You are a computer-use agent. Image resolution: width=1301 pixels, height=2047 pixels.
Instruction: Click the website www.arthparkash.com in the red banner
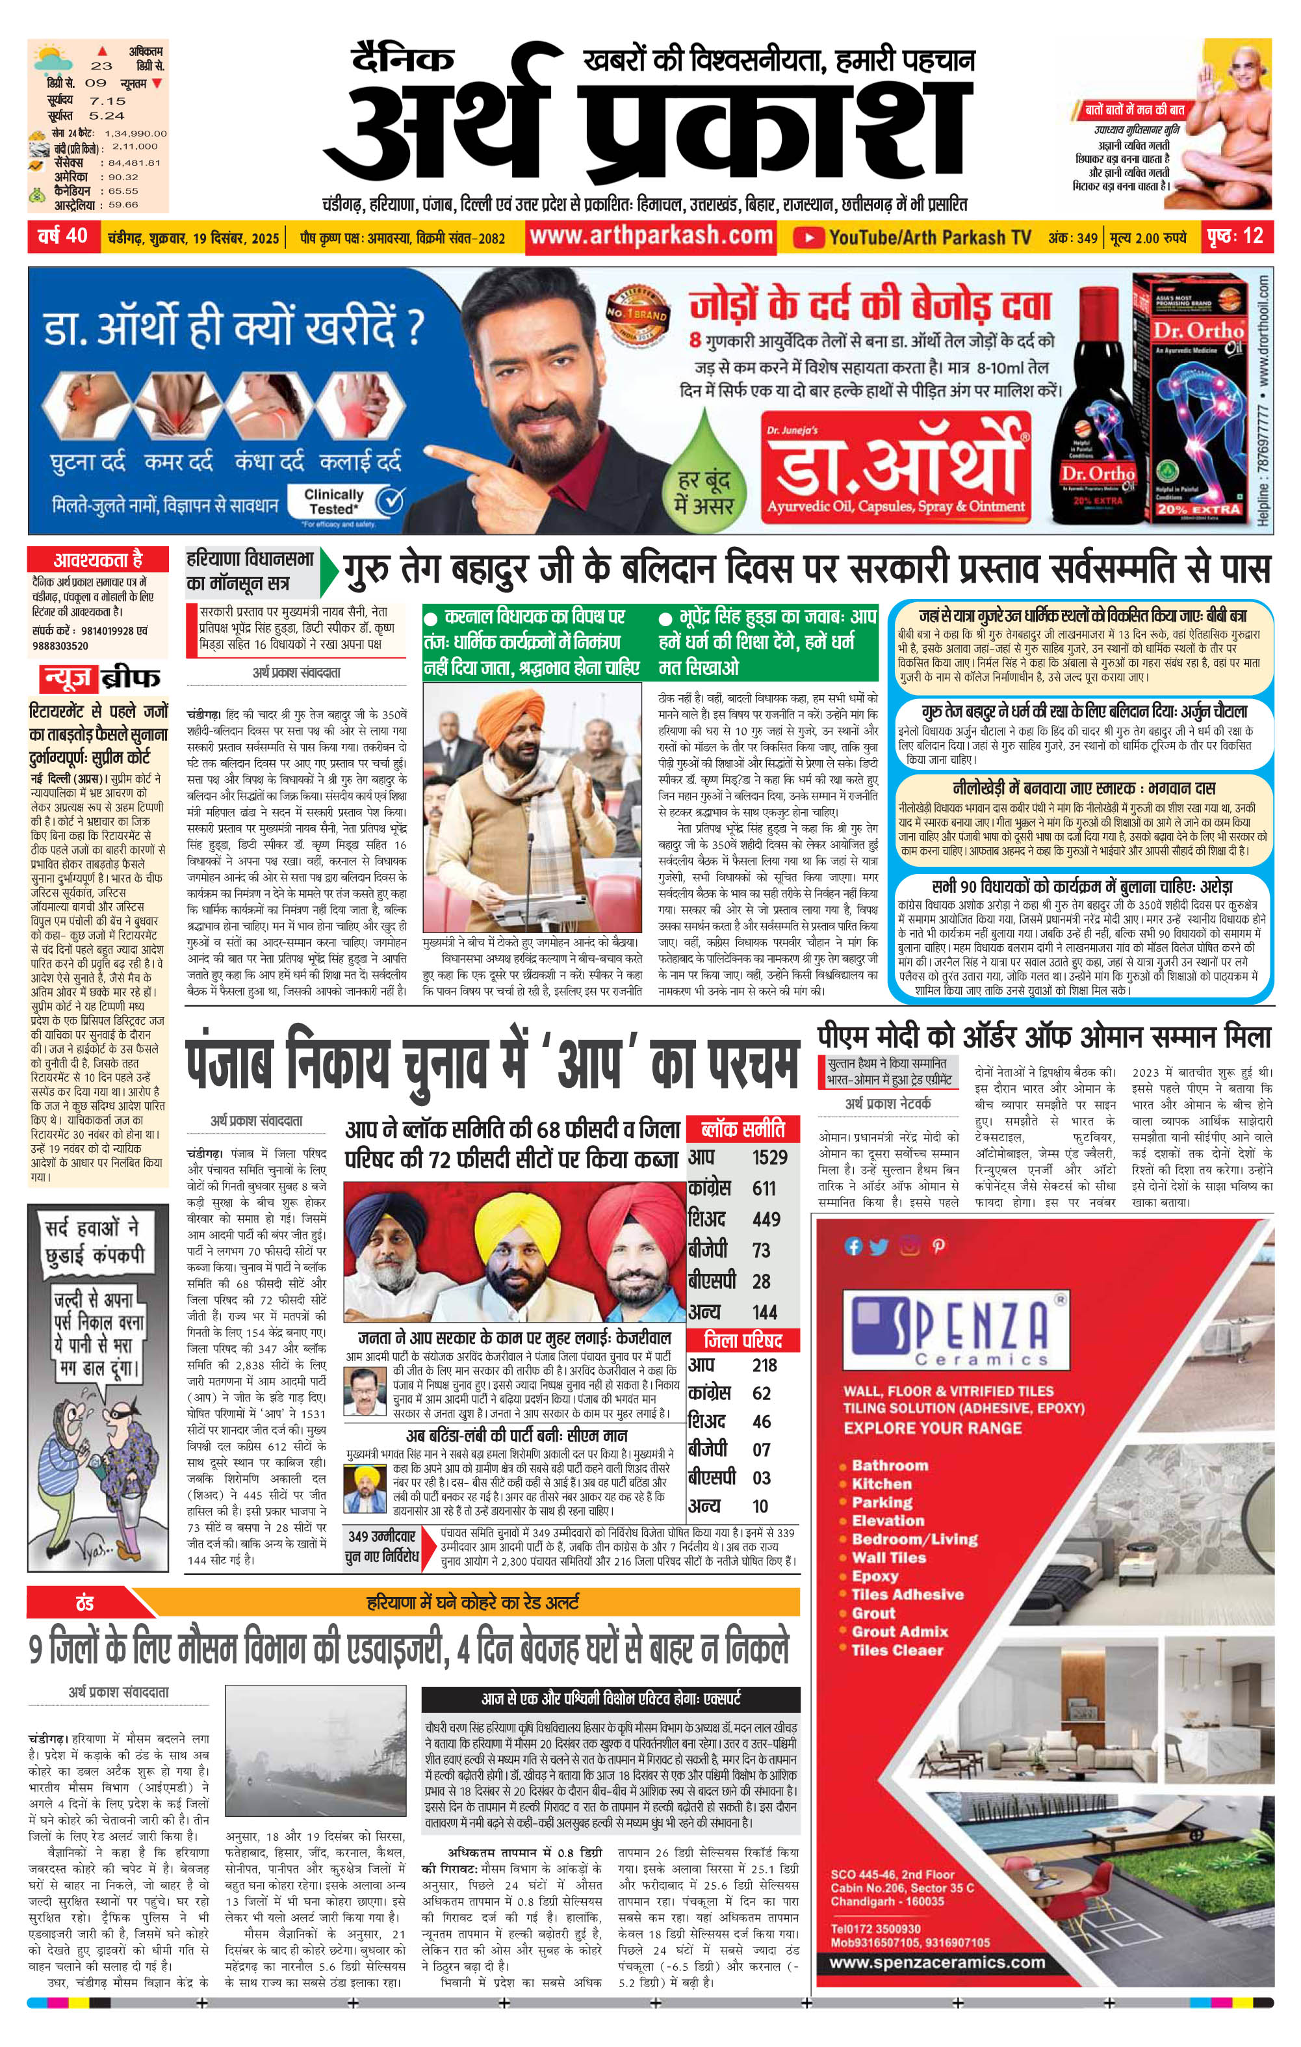point(651,235)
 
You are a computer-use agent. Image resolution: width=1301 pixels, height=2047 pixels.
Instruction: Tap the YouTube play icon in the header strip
point(808,237)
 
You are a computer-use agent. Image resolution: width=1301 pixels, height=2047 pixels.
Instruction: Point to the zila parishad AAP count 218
point(764,1366)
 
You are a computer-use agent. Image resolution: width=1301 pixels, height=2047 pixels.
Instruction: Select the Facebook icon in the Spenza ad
point(853,1247)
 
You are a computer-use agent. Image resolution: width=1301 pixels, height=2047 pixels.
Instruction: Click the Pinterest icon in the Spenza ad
point(938,1247)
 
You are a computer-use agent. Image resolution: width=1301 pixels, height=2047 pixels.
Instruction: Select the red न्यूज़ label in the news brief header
point(66,678)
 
